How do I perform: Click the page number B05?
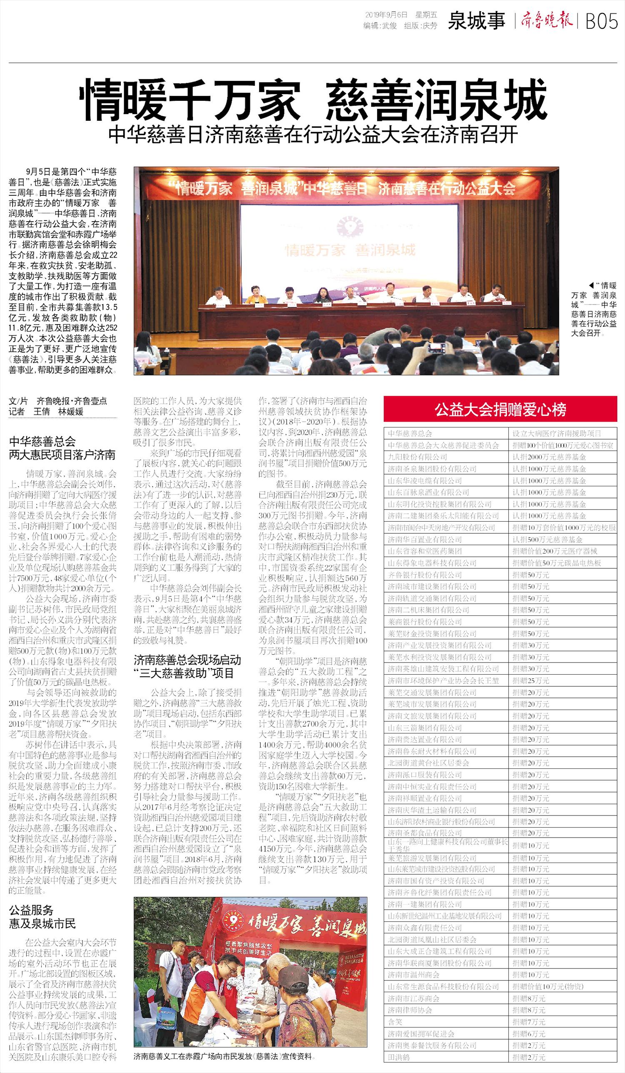pos(602,20)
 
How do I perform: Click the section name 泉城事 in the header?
pos(476,21)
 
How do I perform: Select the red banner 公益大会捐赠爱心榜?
pos(500,409)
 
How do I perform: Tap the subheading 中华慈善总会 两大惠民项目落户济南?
pos(62,448)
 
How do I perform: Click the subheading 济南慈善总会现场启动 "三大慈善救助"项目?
pos(187,666)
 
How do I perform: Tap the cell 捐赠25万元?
pos(530,680)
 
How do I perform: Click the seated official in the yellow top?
pos(255,295)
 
